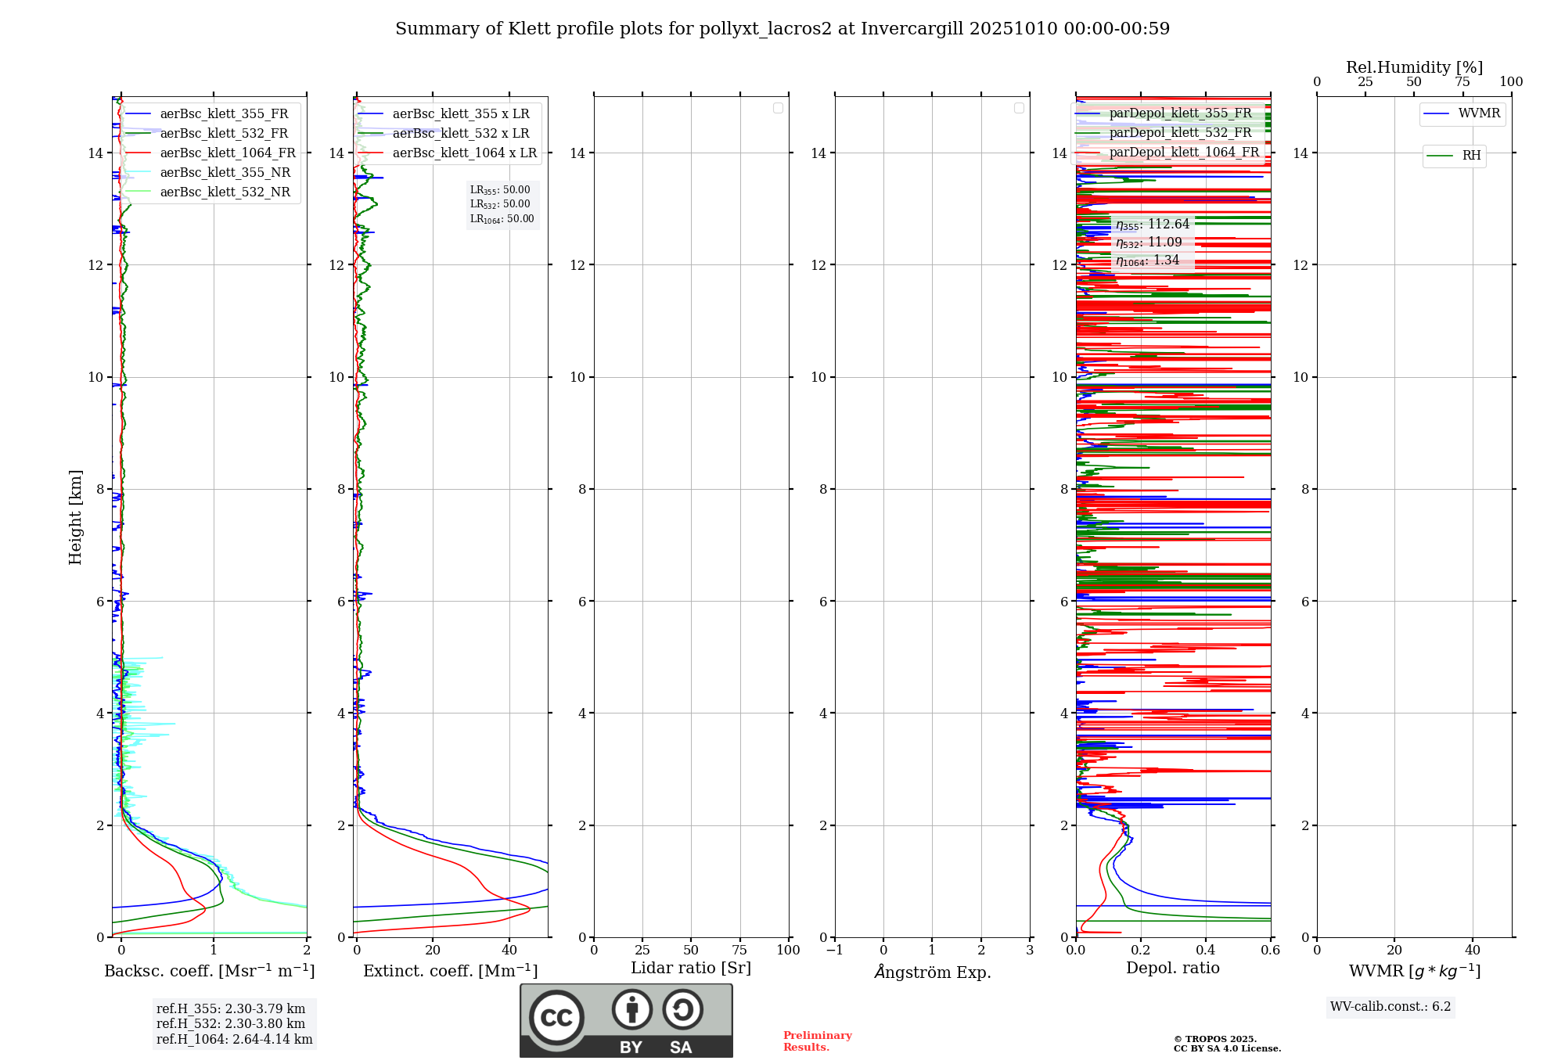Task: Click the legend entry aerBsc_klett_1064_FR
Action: [x=227, y=153]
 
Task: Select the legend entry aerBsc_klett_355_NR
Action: [x=225, y=173]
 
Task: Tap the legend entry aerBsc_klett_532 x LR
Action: [x=460, y=134]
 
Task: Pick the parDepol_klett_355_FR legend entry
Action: [x=1180, y=113]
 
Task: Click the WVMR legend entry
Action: [x=1478, y=113]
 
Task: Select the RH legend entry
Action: [x=1470, y=156]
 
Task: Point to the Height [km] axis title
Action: [x=75, y=517]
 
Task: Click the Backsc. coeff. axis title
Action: [x=209, y=971]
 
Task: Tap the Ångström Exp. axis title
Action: [x=932, y=972]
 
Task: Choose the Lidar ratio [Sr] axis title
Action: [x=690, y=969]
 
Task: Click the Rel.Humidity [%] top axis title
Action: [x=1414, y=67]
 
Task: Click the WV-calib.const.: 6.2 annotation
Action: [x=1391, y=1007]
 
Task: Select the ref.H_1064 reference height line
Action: [x=234, y=1040]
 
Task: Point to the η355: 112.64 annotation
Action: [x=1153, y=225]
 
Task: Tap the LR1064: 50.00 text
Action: [x=502, y=219]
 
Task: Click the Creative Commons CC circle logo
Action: [x=556, y=1018]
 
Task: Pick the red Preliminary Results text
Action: [x=817, y=1041]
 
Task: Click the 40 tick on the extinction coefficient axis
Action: [x=509, y=951]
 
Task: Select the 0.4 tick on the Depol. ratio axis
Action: [x=1205, y=951]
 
